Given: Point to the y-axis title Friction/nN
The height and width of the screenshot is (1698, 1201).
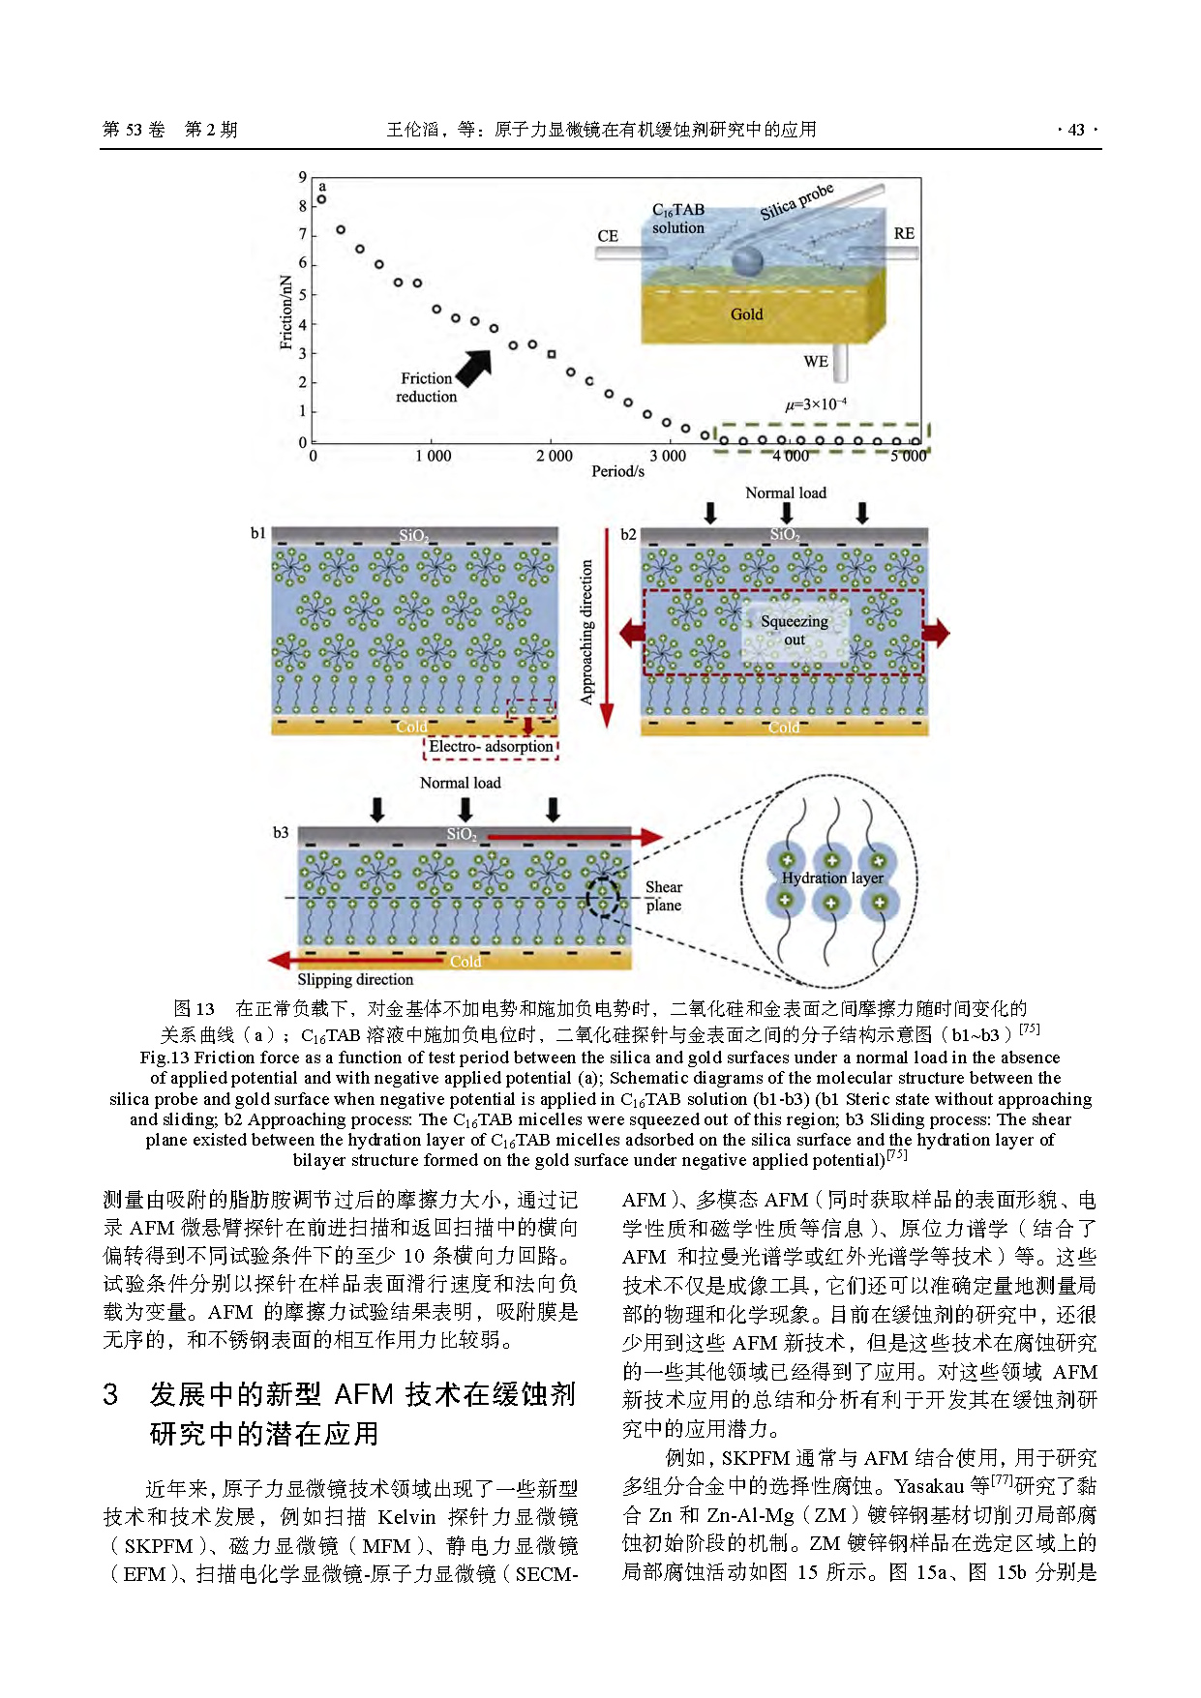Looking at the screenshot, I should coord(286,312).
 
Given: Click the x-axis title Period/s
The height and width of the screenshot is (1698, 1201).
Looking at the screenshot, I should coord(617,471).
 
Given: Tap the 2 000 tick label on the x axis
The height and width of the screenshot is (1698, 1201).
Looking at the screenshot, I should coord(554,456).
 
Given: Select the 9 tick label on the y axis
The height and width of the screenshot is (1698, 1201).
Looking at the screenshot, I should coord(303,177).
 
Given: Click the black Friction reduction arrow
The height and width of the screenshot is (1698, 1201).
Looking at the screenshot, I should coord(474,367).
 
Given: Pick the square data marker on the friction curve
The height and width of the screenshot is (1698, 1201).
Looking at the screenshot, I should coord(552,354).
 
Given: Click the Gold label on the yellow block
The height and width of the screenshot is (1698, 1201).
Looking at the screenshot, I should coord(746,314).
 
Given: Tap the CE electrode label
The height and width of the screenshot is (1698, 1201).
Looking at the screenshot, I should coord(608,236).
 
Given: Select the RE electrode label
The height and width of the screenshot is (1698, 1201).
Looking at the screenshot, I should coord(904,233).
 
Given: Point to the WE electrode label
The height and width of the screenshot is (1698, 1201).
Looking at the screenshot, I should coord(816,362).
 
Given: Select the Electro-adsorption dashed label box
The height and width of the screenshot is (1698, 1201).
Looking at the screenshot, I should coord(492,747).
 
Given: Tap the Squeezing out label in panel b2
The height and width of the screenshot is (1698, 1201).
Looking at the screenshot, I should coord(794,630).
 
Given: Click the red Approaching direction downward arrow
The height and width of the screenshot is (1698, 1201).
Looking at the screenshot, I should coord(607,677).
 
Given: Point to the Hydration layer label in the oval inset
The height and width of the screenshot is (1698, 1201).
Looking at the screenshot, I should coord(832,878).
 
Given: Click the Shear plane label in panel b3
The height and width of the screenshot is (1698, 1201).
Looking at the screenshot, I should coord(663,896).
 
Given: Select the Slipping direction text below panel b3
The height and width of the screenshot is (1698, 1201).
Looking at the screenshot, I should coord(355,979).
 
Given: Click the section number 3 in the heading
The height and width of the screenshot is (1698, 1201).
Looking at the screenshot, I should coord(111,1394).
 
